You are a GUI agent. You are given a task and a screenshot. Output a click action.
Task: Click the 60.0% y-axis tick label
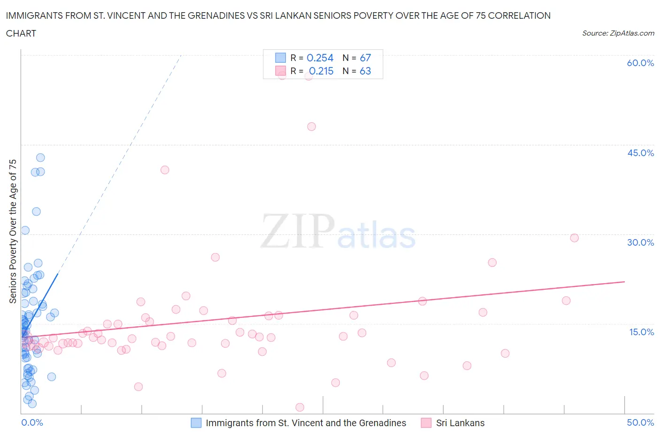[640, 63]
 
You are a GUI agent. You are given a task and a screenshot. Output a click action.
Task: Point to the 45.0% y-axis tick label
[640, 153]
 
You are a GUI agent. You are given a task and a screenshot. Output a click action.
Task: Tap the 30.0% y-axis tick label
[640, 242]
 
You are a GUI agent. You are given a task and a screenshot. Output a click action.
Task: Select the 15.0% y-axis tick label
[641, 332]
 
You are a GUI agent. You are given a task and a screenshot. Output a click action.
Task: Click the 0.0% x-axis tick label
[32, 422]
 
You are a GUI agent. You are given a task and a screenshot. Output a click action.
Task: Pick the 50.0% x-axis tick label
[640, 422]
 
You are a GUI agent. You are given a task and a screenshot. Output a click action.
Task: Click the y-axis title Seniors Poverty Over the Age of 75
[13, 231]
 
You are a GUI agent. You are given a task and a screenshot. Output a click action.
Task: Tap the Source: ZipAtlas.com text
[618, 33]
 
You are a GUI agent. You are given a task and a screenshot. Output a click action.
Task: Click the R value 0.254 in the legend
[320, 58]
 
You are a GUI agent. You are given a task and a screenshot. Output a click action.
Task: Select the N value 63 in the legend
[365, 71]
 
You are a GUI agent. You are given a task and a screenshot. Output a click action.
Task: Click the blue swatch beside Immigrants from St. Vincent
[196, 423]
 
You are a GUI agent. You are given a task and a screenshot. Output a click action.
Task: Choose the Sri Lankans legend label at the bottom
[460, 423]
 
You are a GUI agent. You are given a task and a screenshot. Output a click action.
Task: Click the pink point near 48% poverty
[311, 127]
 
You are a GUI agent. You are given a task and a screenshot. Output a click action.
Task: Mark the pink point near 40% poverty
[165, 170]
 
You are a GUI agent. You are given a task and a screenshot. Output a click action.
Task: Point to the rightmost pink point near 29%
[574, 238]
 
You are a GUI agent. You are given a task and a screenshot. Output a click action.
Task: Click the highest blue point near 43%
[40, 158]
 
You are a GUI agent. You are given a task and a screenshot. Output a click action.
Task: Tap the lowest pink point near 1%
[300, 407]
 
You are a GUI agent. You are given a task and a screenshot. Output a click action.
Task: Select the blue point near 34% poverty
[36, 211]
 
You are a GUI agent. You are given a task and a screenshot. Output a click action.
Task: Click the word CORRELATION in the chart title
[519, 15]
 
